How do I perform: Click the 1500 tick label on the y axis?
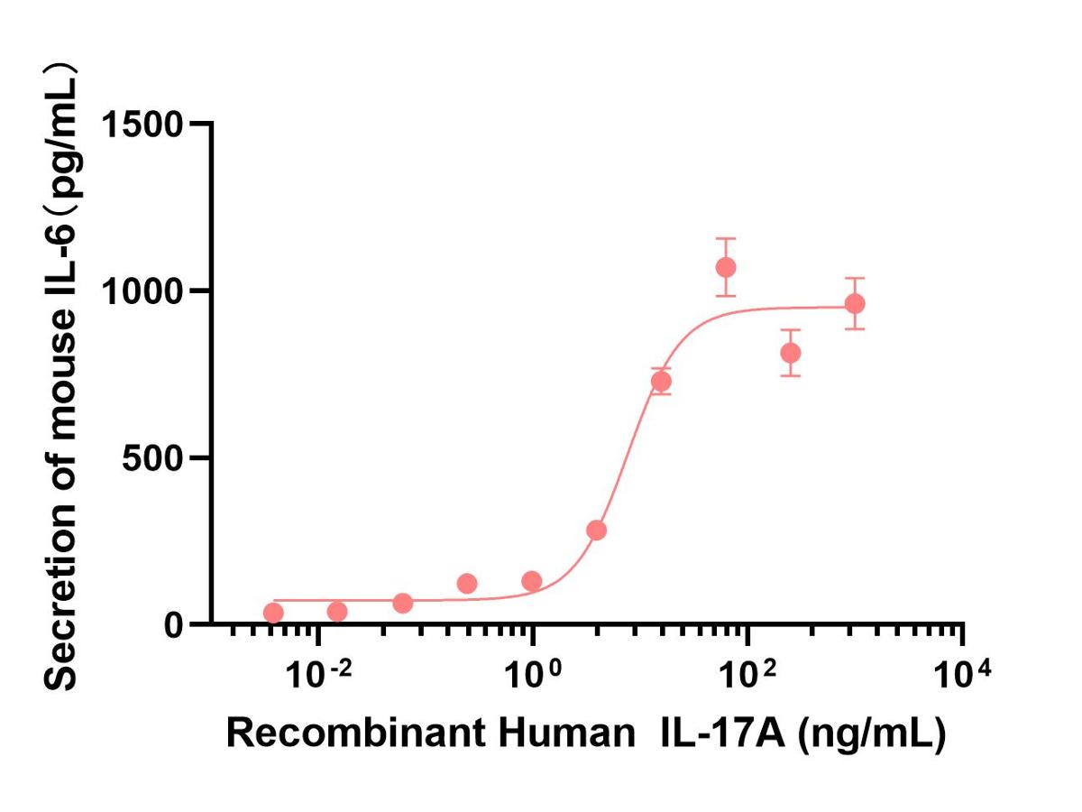(143, 124)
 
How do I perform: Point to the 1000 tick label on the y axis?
(143, 291)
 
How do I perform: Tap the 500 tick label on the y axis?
(155, 457)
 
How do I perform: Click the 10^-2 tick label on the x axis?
(315, 674)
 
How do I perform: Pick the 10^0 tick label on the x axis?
(531, 674)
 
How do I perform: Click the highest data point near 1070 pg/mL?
(726, 267)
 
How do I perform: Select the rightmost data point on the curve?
(855, 303)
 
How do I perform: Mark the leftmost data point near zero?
(273, 614)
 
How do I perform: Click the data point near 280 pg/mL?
(596, 530)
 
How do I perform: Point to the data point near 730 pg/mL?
(661, 381)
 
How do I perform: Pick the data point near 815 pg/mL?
(791, 353)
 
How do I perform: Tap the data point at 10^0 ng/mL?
(532, 581)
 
